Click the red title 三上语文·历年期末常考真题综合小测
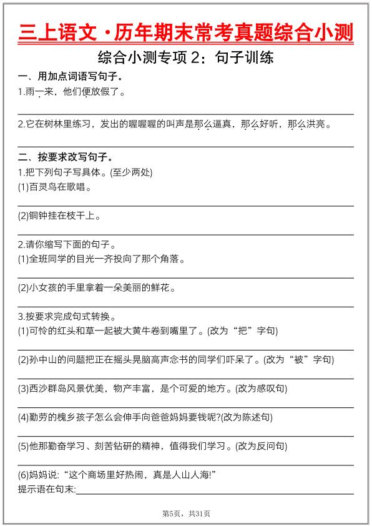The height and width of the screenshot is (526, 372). (x=186, y=31)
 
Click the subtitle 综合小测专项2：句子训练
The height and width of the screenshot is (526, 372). (x=186, y=59)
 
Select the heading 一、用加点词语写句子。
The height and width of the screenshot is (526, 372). (x=70, y=77)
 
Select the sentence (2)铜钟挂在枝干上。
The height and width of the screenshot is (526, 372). (x=60, y=216)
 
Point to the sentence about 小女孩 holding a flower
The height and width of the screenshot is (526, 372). (x=97, y=287)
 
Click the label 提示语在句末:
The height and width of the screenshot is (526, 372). (x=47, y=489)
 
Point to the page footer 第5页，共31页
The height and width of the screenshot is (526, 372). (x=186, y=514)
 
